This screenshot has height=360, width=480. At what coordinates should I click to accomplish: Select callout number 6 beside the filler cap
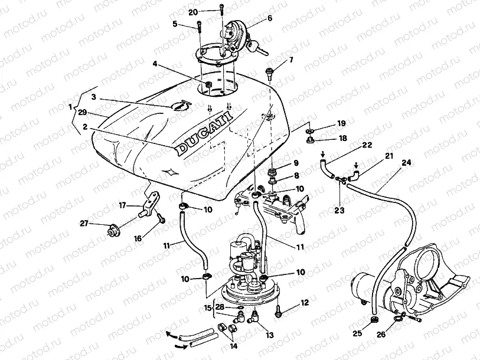(270, 18)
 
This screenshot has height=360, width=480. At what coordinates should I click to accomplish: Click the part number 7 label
(290, 61)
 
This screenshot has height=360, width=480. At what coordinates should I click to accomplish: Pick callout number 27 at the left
(84, 223)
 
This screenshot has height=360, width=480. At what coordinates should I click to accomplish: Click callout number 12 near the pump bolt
(305, 303)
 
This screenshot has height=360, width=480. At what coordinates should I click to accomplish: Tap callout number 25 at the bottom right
(358, 334)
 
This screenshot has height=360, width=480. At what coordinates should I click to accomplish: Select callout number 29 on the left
(82, 112)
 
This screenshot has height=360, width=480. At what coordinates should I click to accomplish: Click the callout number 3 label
(93, 97)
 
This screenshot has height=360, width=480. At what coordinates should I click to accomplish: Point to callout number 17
(123, 206)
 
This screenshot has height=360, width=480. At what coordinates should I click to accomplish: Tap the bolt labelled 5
(199, 27)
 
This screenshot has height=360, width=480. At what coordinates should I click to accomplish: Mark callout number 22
(367, 145)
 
